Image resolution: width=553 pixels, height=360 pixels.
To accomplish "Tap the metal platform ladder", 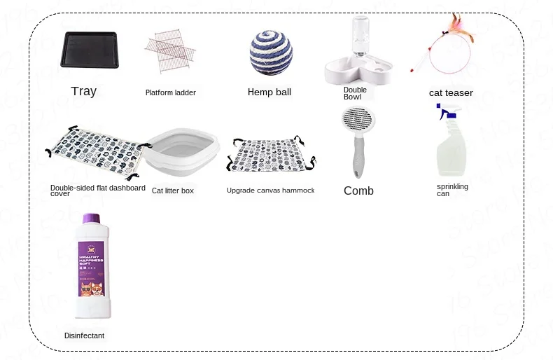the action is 171,50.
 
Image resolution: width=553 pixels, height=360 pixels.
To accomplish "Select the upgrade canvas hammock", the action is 269,154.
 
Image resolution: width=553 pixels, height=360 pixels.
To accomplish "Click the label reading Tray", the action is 84,91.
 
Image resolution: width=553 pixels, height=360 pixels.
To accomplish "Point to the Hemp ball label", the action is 269,92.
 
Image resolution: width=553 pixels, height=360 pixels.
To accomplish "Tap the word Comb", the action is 358,191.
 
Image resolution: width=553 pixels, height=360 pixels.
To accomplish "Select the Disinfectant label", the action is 84,336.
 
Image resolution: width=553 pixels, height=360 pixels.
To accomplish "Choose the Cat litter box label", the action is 173,191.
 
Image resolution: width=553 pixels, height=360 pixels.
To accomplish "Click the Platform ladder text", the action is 171,92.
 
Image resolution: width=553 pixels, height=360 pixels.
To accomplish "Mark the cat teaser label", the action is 451,93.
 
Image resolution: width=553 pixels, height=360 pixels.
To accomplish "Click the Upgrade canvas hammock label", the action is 271,191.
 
